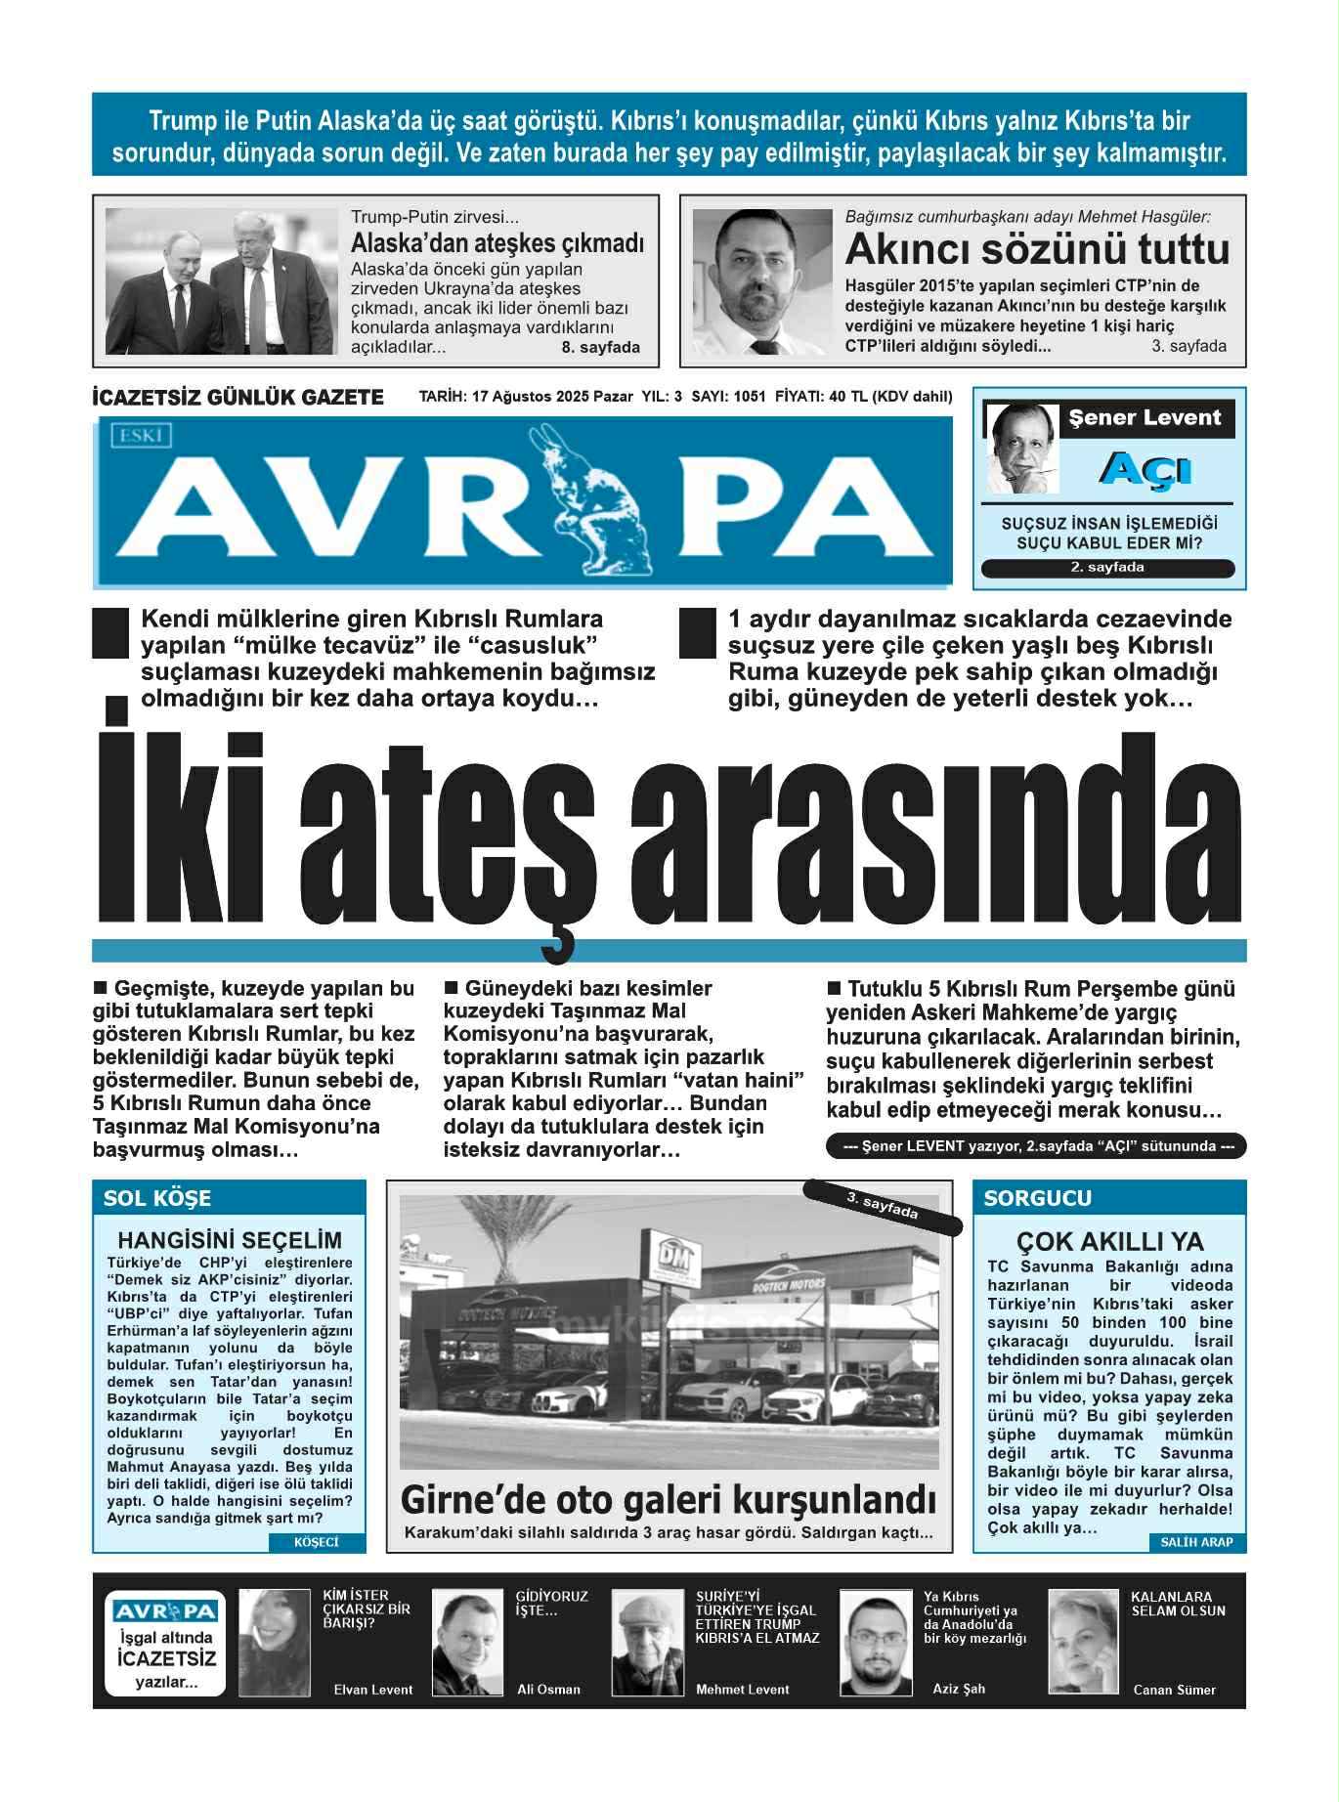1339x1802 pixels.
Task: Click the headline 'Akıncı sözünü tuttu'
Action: coord(1037,250)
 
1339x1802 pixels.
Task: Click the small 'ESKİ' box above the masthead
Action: coord(143,436)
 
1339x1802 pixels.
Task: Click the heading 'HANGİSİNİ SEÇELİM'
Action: coord(230,1240)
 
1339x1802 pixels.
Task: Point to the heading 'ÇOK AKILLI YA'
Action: coord(1109,1241)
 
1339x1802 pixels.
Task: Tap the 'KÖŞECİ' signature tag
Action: coord(316,1542)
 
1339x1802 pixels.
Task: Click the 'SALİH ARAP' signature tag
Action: coord(1196,1542)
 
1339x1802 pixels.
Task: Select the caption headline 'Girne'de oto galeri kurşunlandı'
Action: coord(669,1499)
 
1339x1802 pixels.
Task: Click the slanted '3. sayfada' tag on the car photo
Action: coord(883,1206)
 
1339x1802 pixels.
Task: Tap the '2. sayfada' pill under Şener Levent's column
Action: coord(1107,568)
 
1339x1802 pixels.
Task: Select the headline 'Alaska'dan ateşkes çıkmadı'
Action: coord(497,242)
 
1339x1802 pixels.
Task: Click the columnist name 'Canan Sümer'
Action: coord(1174,1690)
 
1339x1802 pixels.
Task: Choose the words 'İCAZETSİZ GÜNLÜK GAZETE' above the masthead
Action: coord(238,398)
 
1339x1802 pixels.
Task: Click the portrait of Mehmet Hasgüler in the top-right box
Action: coord(762,281)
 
